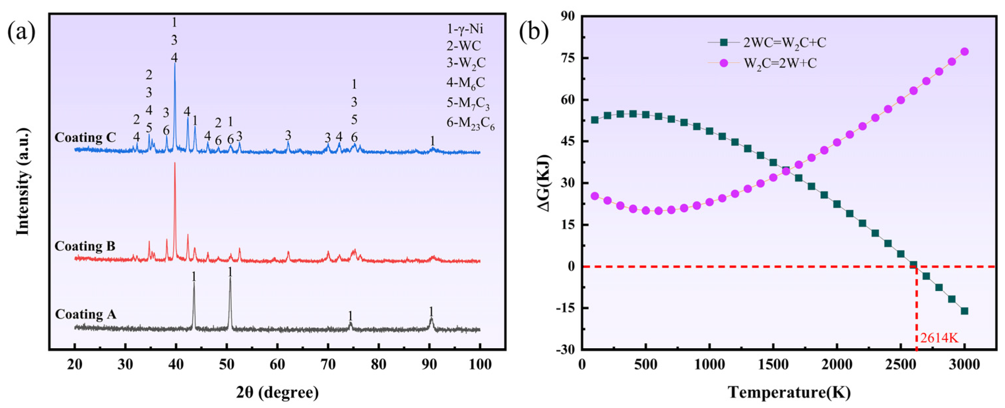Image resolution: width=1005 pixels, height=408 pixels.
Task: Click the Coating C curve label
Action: [85, 138]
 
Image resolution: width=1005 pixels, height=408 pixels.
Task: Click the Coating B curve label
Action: [85, 246]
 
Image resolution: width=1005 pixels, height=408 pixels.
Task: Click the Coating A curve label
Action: [85, 314]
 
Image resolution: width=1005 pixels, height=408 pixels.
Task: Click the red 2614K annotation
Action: [939, 338]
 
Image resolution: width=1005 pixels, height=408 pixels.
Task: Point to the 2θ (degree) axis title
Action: [277, 392]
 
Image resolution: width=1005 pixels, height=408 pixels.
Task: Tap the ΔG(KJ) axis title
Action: [545, 183]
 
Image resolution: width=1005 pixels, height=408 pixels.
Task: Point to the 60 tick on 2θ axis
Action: [277, 365]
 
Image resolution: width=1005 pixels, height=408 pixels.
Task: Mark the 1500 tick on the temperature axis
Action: [773, 365]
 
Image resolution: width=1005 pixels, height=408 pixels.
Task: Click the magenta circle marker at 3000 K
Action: [964, 51]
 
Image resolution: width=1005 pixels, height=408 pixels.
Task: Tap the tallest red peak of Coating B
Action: [175, 164]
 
